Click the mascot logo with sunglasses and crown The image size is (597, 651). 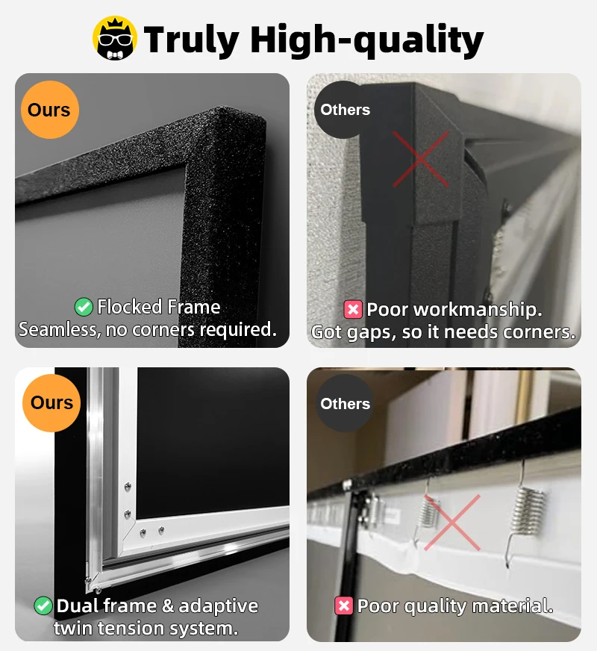point(115,38)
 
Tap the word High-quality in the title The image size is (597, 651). point(366,40)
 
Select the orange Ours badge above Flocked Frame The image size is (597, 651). point(49,110)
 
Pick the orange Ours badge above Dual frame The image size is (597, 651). point(51,403)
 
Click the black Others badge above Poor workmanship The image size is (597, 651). point(345,110)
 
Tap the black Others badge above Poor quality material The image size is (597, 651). point(345,404)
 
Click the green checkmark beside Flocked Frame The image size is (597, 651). point(84,307)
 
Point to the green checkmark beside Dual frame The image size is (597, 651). point(43,606)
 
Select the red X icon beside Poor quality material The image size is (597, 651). point(343,606)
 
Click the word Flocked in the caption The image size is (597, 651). point(129,307)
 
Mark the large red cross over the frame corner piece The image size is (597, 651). point(421,158)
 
